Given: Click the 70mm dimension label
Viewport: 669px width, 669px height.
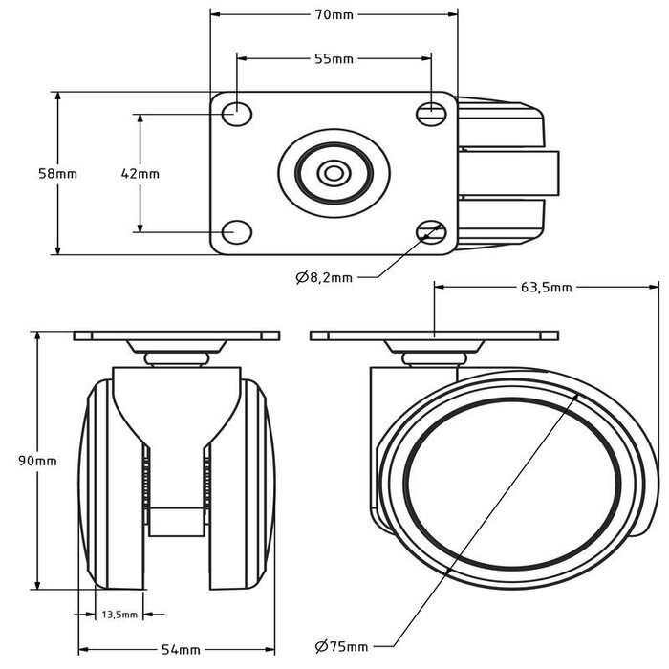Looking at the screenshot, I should [334, 15].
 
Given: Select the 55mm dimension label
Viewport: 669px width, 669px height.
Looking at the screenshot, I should [334, 59].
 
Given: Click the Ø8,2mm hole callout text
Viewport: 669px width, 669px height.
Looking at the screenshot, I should [324, 277].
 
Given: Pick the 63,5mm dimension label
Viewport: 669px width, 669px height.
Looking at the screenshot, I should [547, 286].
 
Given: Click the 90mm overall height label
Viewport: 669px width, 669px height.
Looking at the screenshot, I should [37, 461].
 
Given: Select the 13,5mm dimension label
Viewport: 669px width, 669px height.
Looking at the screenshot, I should [120, 615].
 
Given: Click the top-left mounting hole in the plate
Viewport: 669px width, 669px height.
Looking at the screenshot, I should [235, 113].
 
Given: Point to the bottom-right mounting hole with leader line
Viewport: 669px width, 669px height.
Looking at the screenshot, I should [431, 230].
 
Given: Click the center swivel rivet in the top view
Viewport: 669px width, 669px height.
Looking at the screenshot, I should [334, 173].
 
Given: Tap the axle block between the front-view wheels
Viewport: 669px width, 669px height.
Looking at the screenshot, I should [176, 522].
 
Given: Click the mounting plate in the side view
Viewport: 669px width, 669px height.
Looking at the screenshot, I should [435, 335].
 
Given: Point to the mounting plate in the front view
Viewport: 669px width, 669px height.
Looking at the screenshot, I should [177, 335].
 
